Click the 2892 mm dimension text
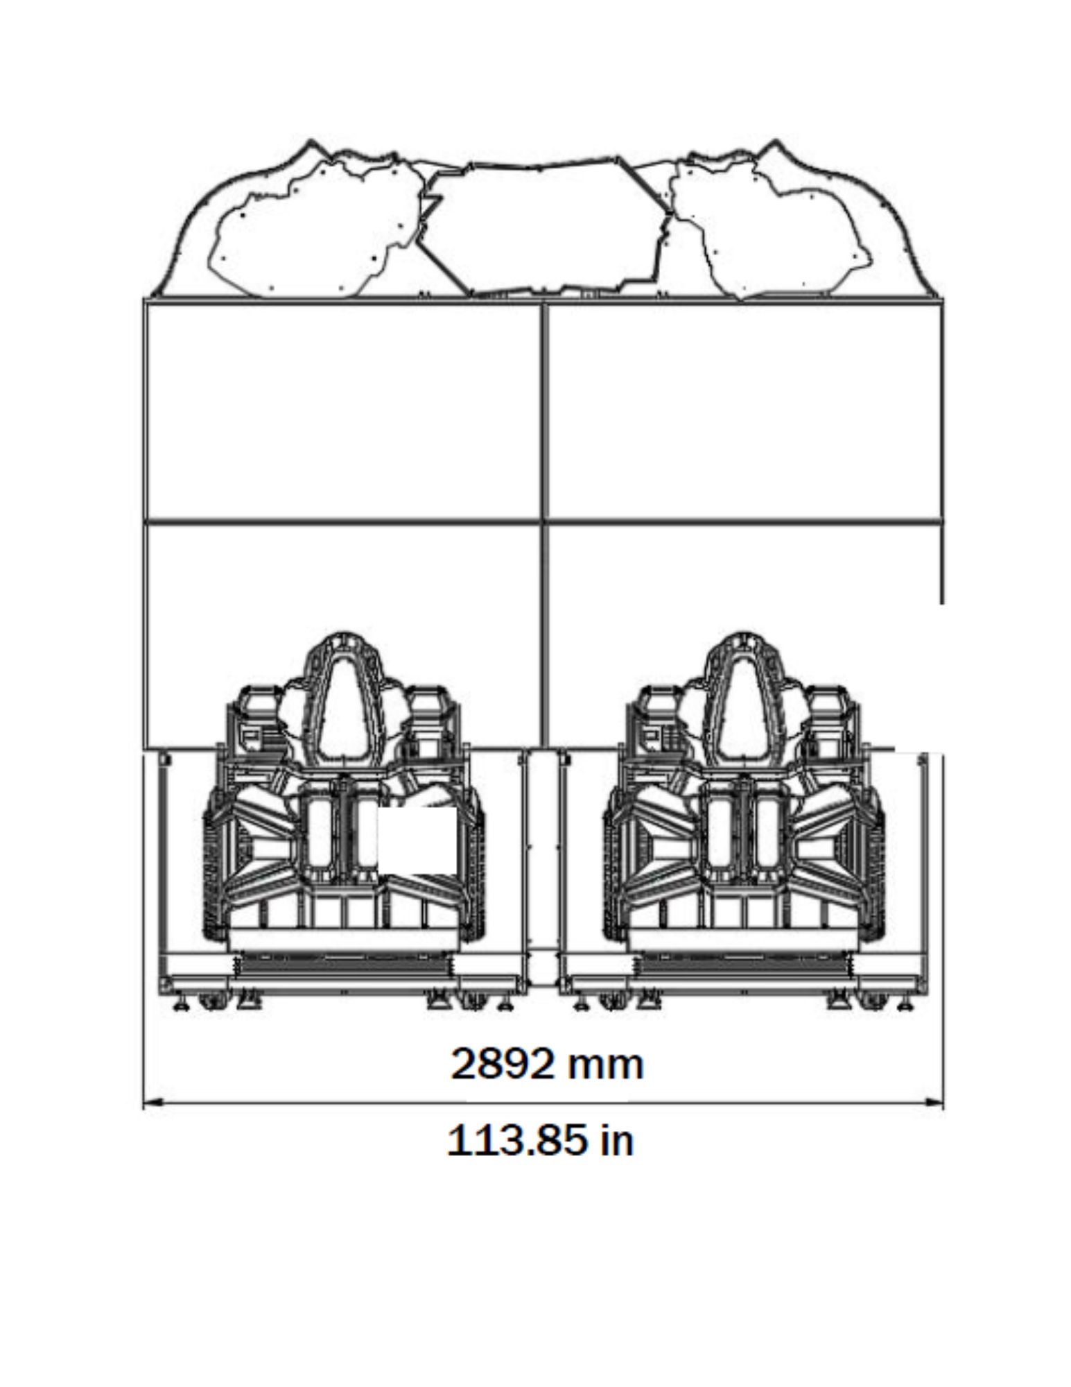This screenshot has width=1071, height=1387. (546, 1065)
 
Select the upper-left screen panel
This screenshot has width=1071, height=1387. (344, 411)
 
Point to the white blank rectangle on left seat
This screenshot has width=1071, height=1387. (416, 841)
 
